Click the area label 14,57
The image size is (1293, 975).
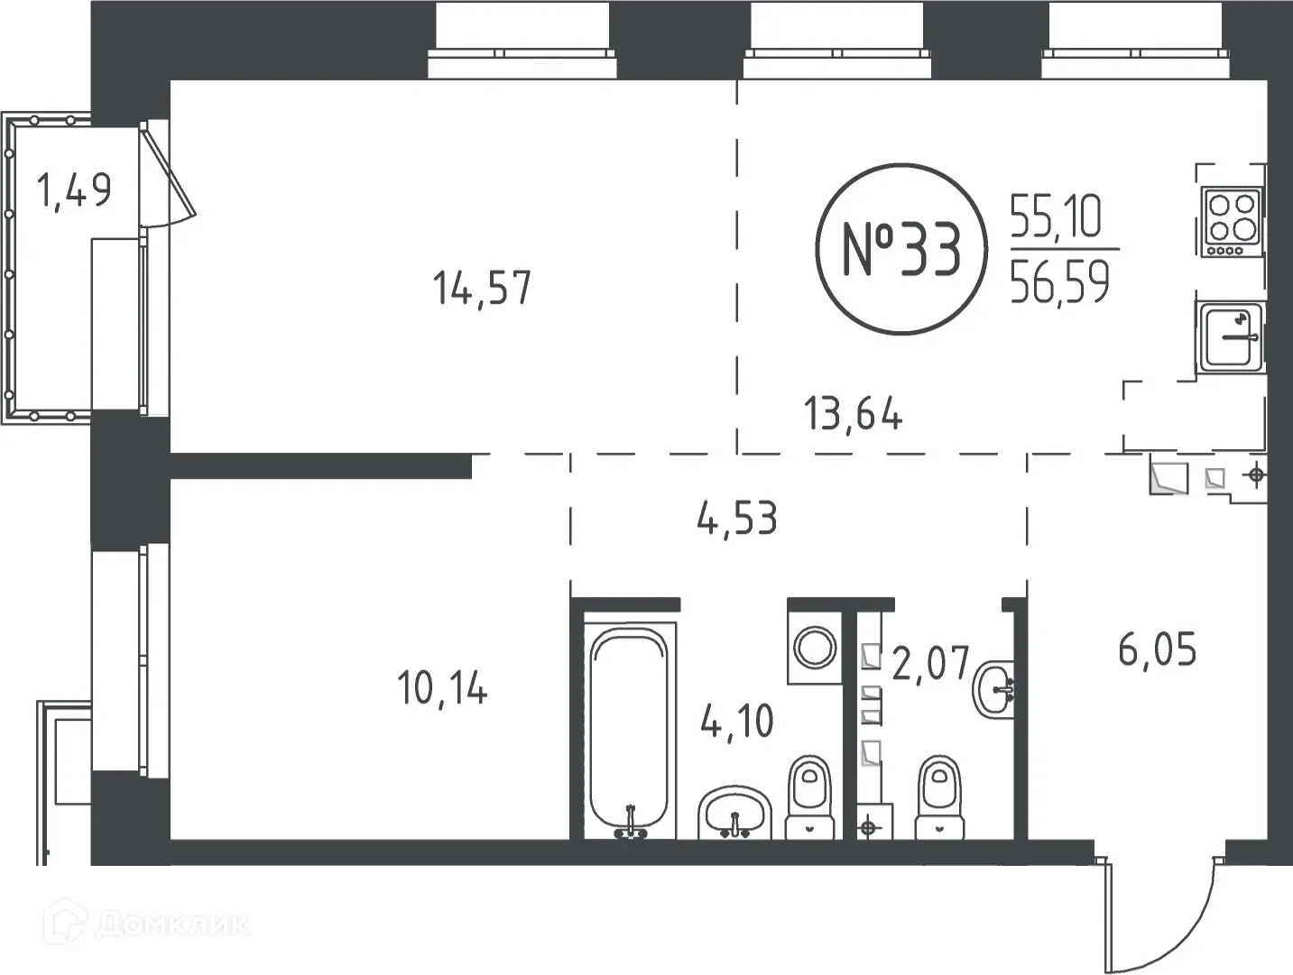tap(482, 289)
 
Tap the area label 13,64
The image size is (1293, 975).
tap(853, 416)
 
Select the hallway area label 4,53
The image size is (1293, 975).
tap(736, 520)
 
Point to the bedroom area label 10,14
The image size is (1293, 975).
tap(442, 689)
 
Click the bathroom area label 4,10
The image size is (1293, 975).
tap(737, 722)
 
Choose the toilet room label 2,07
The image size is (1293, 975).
tap(930, 664)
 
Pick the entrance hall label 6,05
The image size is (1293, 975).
tap(1157, 649)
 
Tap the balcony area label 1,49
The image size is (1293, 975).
tap(74, 190)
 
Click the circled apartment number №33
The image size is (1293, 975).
tap(900, 250)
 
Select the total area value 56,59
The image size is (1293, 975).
tap(1059, 282)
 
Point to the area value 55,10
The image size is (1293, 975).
tap(1056, 217)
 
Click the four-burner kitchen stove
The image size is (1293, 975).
tap(1232, 221)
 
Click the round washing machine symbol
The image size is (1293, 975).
tap(815, 648)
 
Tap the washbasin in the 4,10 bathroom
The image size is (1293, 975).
tap(735, 812)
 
